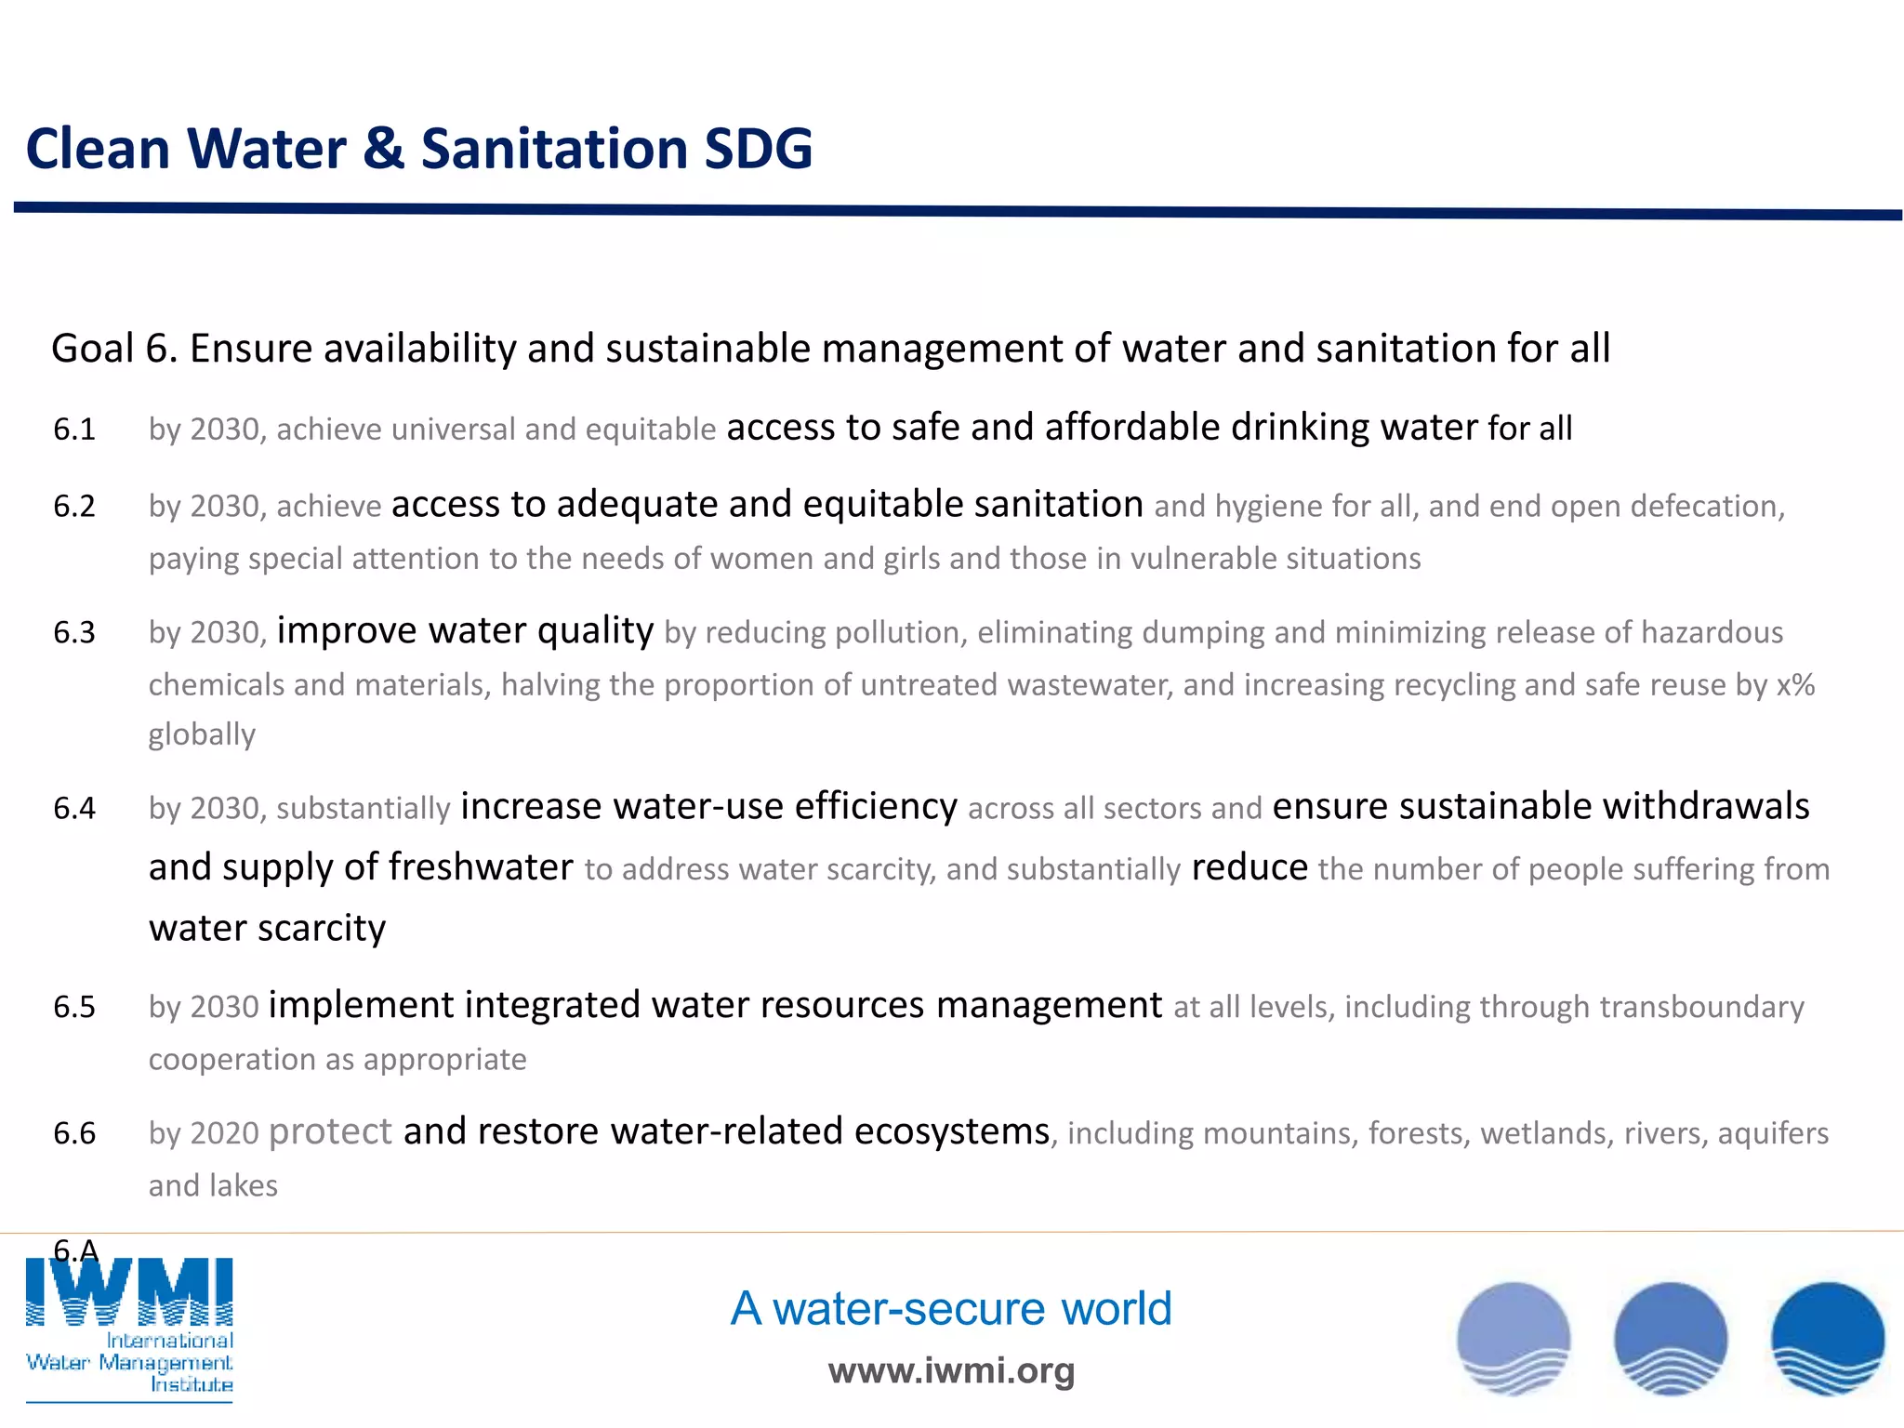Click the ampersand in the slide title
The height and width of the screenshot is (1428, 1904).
[x=383, y=149]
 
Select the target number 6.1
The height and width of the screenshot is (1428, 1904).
[x=74, y=430]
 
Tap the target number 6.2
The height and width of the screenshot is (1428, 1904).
[x=74, y=507]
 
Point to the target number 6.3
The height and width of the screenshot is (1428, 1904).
[x=74, y=633]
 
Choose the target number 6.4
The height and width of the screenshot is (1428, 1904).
[x=74, y=809]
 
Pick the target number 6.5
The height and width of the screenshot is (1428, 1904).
[x=74, y=1007]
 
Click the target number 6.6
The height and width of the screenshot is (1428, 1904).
[x=74, y=1133]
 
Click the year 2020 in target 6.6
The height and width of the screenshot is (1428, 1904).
[x=224, y=1133]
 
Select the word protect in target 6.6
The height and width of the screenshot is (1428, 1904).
[x=330, y=1132]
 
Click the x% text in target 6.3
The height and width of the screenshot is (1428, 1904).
[x=1795, y=685]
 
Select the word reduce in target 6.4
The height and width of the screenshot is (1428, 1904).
[x=1249, y=867]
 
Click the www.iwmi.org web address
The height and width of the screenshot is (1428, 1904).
[x=951, y=1370]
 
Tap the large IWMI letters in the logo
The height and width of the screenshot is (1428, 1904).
[x=129, y=1291]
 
